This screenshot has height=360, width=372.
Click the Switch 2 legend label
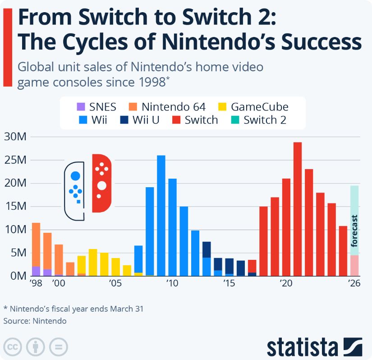[265, 120]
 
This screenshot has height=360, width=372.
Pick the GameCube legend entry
[259, 107]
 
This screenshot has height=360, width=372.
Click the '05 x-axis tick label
[115, 283]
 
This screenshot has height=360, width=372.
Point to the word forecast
[354, 231]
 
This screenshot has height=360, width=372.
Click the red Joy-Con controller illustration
[101, 183]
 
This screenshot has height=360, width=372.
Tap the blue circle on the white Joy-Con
[75, 175]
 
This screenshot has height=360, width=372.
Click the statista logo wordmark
[302, 347]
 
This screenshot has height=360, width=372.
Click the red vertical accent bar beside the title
[7, 47]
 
